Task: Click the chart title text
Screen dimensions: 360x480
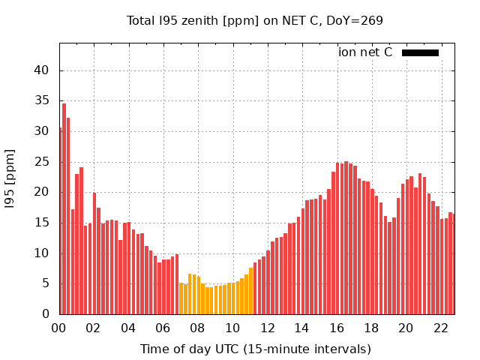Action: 255,20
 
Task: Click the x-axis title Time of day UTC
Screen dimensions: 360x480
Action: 255,349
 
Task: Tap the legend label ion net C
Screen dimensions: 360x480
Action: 365,52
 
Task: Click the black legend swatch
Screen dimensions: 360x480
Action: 420,52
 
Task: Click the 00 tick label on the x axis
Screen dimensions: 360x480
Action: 59,328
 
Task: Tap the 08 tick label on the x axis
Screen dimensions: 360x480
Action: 198,328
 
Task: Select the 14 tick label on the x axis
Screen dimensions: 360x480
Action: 302,328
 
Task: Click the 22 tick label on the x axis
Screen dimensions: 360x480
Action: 441,328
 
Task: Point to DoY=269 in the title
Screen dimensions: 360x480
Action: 355,20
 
